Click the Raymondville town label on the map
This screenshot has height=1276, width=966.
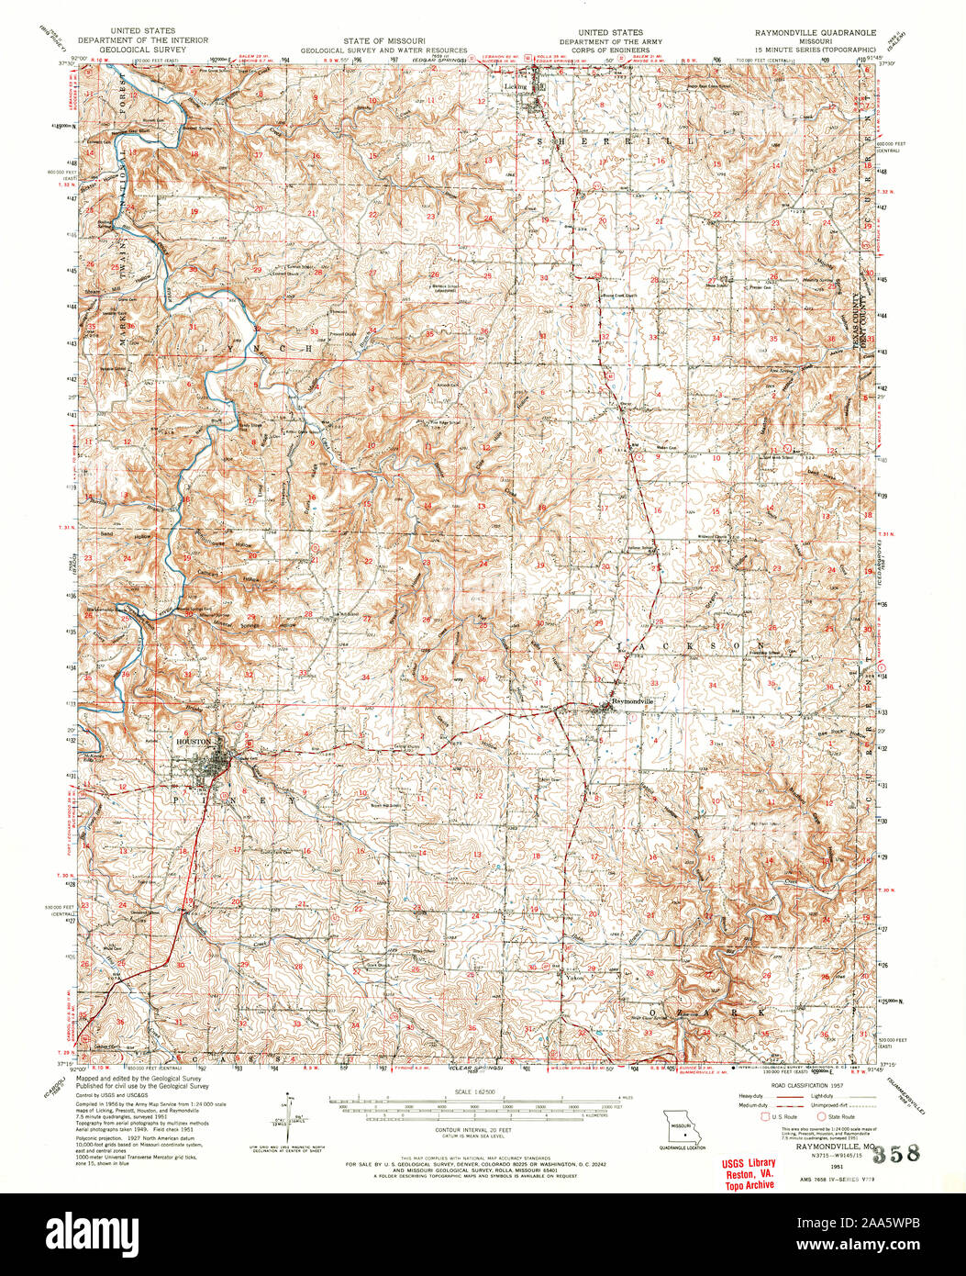point(634,701)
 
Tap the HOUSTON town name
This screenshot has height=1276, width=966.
point(194,741)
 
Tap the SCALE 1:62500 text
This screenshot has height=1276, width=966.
point(475,1091)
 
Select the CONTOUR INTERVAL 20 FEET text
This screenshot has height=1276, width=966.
point(476,1129)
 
